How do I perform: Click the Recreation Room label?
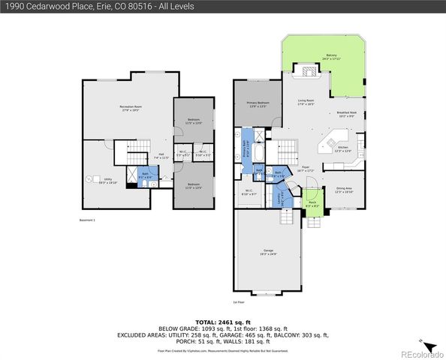point(131,109)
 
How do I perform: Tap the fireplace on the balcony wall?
point(309,72)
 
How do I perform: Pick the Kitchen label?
point(342,149)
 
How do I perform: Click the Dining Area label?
point(343,190)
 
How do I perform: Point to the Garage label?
point(267,253)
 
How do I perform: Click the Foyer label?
point(306,169)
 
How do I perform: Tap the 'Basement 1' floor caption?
point(89,220)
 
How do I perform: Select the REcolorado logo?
point(420,353)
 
